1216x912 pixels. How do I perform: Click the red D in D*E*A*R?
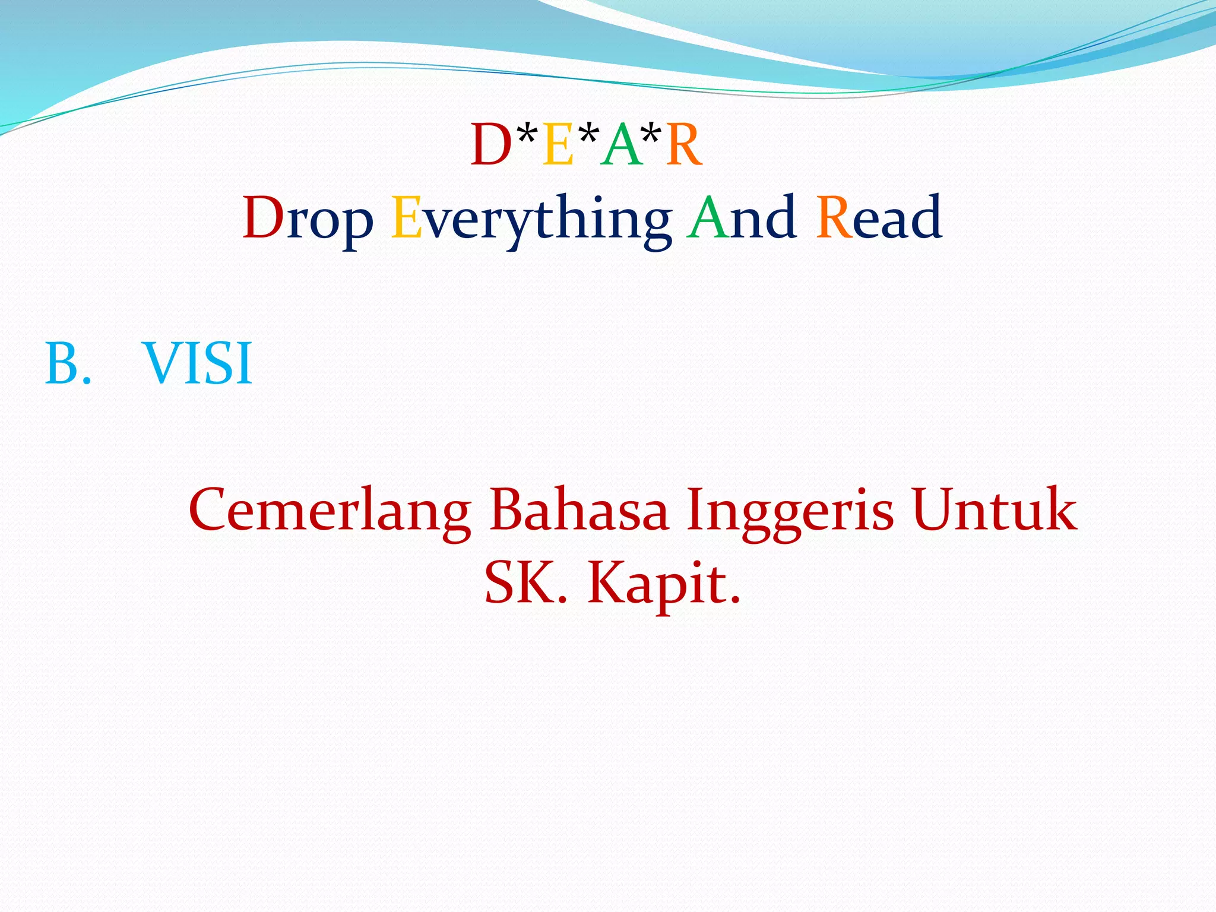point(490,145)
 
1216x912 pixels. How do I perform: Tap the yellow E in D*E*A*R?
point(558,145)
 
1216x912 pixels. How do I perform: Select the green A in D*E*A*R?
point(621,145)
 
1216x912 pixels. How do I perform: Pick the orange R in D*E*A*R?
point(684,145)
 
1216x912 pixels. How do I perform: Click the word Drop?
point(308,219)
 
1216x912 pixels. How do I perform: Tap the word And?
point(741,218)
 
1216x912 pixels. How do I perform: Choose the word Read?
point(879,218)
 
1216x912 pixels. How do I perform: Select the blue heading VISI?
point(198,364)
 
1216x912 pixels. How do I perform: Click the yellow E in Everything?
point(407,218)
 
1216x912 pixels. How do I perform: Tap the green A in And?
point(707,218)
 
